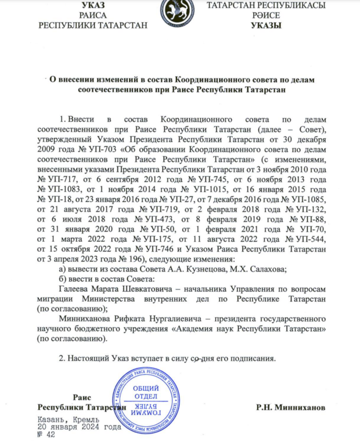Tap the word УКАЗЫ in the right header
(x=266, y=26)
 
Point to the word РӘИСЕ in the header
(x=266, y=16)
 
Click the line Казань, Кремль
(x=69, y=418)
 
